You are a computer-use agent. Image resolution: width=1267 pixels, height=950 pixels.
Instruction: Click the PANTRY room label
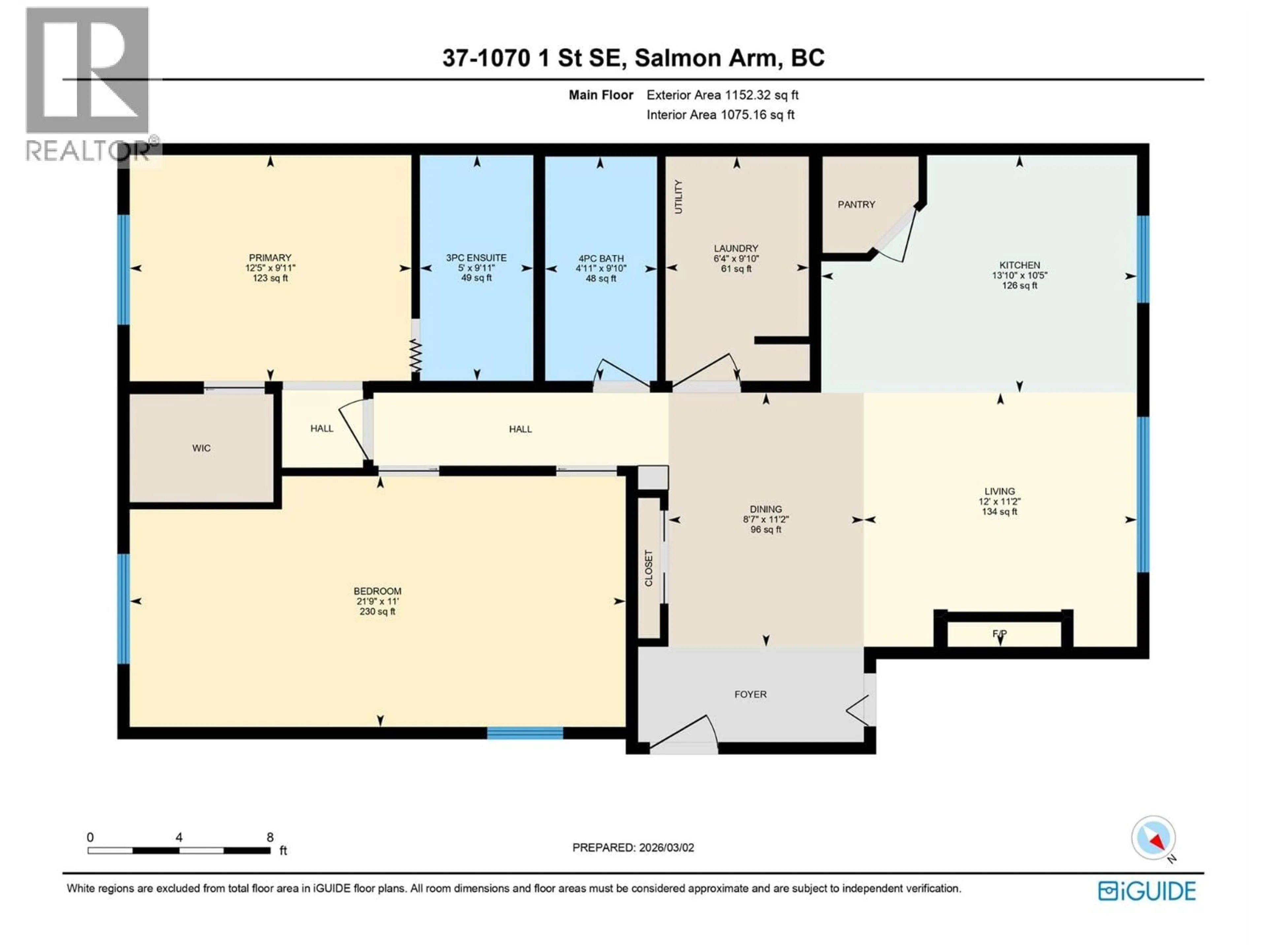point(856,205)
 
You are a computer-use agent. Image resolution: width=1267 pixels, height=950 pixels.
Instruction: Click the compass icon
point(1153,838)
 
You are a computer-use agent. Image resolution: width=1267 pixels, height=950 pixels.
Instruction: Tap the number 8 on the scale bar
point(270,837)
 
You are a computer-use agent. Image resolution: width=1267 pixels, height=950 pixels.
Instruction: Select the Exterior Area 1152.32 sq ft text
point(722,95)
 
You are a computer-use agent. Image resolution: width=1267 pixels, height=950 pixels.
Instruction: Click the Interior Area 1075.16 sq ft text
point(720,114)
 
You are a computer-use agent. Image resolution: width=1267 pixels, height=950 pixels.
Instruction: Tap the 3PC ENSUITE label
point(476,258)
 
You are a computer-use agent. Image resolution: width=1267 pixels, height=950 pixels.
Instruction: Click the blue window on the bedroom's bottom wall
point(525,733)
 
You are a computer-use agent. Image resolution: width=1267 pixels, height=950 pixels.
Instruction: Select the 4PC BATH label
point(600,258)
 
